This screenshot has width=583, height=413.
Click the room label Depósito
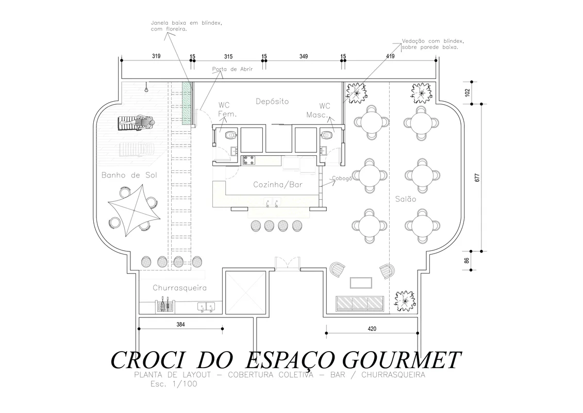point(272,102)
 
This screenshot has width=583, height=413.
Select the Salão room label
point(406,199)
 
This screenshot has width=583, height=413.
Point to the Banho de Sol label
point(129,176)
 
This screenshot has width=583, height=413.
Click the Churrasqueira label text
point(179,288)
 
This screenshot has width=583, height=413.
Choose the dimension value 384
point(180,324)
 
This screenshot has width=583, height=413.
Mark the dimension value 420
point(372,328)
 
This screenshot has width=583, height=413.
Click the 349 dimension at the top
point(304,56)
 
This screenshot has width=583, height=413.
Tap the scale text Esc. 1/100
point(174,385)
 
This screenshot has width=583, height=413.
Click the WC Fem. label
point(226,109)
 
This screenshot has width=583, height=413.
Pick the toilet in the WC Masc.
point(325,136)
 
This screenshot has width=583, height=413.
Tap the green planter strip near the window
point(187,104)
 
